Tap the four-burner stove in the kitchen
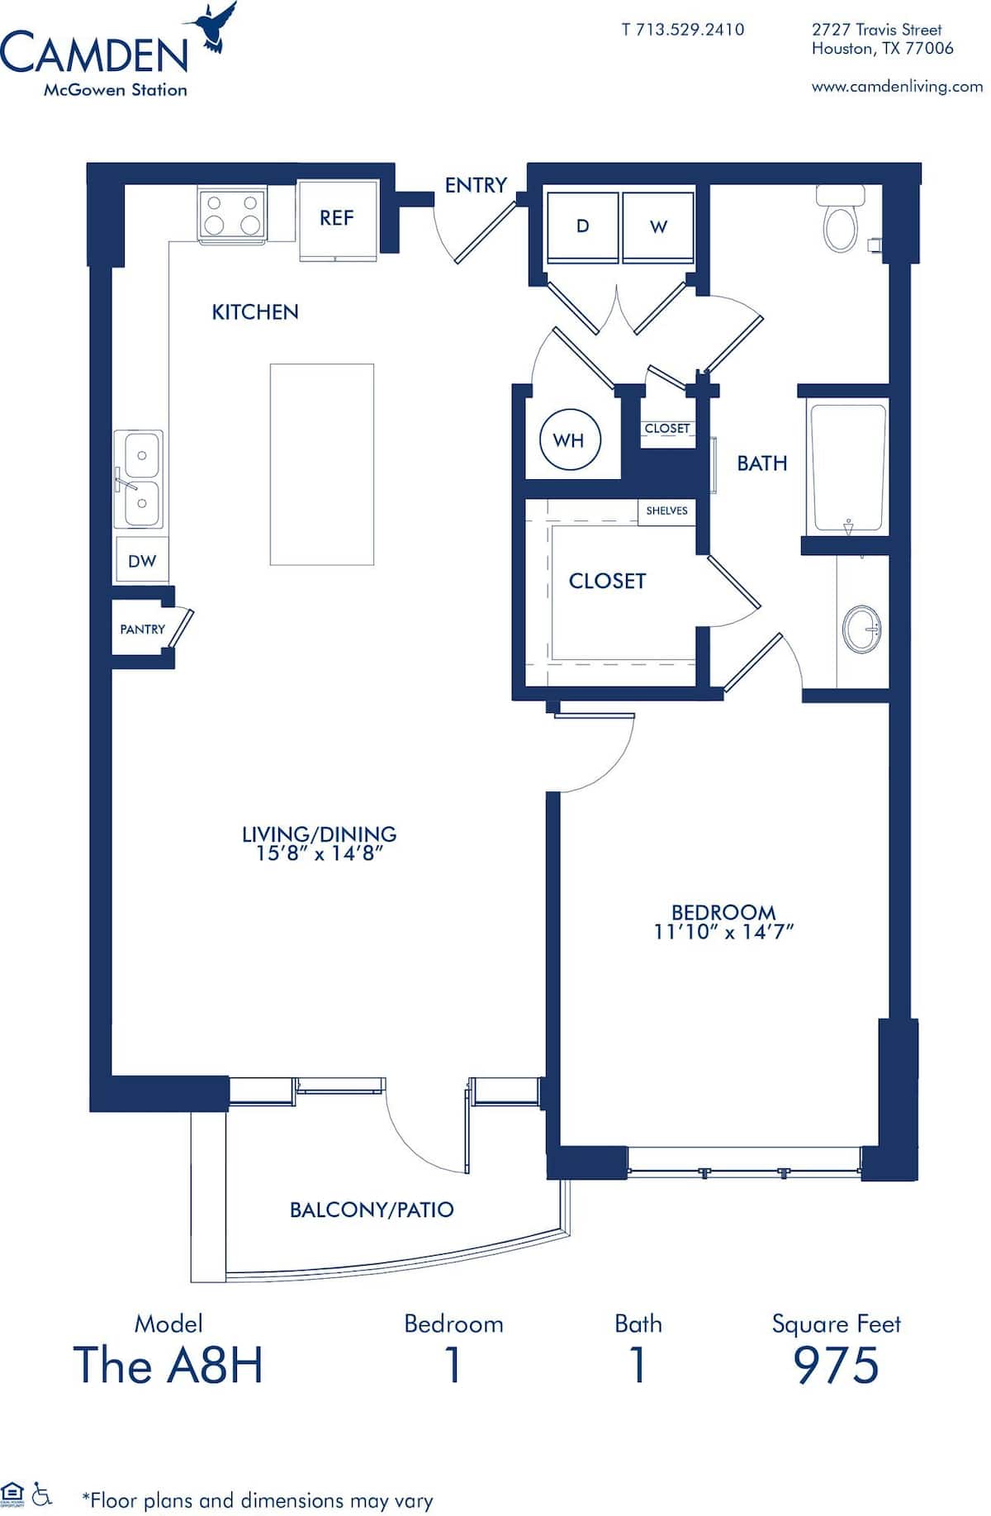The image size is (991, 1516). click(232, 214)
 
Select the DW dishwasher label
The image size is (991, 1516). click(142, 561)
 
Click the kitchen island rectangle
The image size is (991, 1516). click(322, 464)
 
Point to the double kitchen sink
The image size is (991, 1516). click(139, 479)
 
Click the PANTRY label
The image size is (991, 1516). click(142, 630)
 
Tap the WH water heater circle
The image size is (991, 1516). click(568, 440)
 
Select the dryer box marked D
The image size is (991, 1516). click(582, 226)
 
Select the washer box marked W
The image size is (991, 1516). click(658, 226)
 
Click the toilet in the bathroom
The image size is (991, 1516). click(842, 221)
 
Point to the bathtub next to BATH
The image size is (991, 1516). click(848, 467)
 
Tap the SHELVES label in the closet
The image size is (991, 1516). click(666, 511)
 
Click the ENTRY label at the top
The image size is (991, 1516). click(476, 185)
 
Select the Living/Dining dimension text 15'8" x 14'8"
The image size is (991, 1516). click(319, 854)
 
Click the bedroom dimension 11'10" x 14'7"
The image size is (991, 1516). click(723, 932)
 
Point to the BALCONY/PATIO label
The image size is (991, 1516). click(372, 1210)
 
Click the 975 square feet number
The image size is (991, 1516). click(836, 1365)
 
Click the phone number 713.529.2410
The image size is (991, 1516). click(683, 30)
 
